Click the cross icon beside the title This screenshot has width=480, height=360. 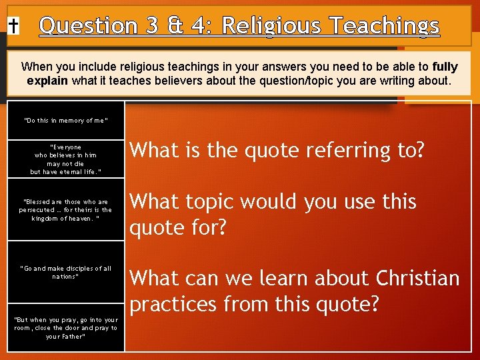(13, 26)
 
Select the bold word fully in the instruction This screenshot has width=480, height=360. (445, 67)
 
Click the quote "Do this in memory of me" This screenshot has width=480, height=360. (65, 121)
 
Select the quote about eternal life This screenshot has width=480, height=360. (65, 159)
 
